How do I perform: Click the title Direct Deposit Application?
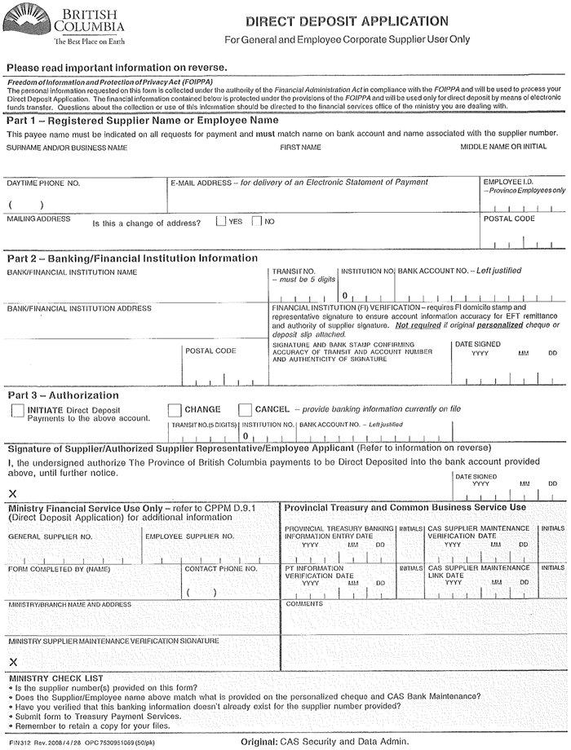[347, 21]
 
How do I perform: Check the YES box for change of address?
[221, 221]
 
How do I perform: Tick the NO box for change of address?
[257, 221]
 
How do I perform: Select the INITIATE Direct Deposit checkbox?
[18, 411]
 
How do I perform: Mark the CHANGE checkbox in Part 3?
[175, 410]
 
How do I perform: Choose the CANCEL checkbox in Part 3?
[245, 410]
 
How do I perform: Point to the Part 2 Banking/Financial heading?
[132, 258]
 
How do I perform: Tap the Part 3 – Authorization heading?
[63, 395]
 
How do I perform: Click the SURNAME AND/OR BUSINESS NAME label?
[67, 148]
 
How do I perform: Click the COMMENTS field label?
[304, 604]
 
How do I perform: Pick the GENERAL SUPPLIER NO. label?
[51, 536]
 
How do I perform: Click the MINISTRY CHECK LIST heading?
[56, 677]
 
